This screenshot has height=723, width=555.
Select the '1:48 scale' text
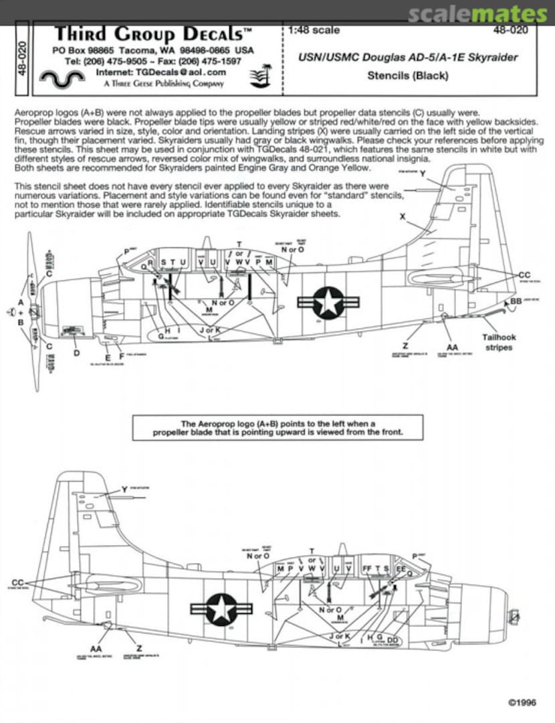coord(315,30)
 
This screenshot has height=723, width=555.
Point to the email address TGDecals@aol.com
coord(161,72)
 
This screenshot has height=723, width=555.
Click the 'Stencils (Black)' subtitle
coord(407,76)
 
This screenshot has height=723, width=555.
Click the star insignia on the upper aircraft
coord(328,302)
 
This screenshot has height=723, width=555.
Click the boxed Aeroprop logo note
coord(277,428)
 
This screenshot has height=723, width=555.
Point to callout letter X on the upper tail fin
coord(403,217)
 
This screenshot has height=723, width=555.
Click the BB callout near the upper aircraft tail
coord(515,302)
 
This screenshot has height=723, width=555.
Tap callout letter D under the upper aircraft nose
coord(76,353)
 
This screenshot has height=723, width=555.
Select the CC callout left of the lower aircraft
coord(19,582)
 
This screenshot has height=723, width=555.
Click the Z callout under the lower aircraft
coord(138,649)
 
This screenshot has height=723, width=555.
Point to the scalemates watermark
coord(477,14)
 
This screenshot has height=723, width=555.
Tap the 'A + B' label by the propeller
coord(21,312)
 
